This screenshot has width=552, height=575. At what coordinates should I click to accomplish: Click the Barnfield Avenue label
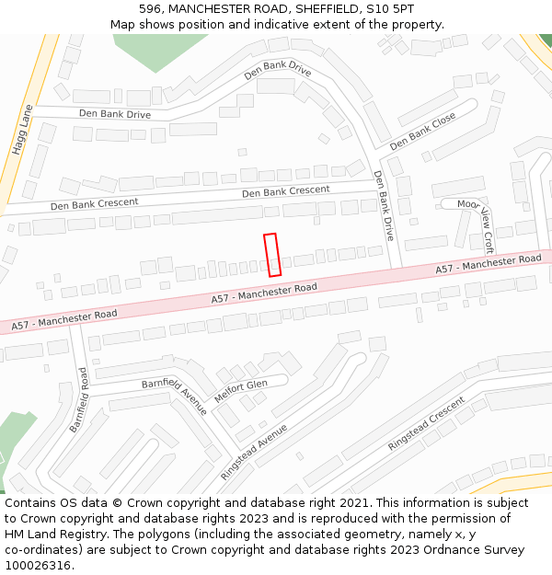[174, 397]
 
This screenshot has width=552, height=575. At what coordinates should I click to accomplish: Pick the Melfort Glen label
[240, 391]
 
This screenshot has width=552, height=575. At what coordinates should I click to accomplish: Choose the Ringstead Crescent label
[426, 424]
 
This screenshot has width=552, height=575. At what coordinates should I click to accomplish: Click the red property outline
[272, 255]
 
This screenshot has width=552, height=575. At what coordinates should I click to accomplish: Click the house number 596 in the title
[151, 8]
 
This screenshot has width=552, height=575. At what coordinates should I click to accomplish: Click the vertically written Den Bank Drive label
[384, 205]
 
